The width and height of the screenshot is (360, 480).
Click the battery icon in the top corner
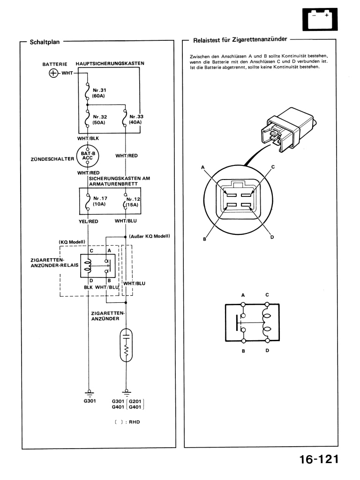point(320,19)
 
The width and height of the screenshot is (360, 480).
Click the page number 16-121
point(319,459)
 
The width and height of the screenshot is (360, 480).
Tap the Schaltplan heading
point(45,42)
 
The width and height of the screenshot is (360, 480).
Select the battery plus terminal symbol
point(53,73)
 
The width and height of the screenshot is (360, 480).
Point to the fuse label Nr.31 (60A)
point(99,93)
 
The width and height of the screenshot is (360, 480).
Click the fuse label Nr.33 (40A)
point(135,120)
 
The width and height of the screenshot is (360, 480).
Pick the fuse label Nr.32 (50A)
point(99,120)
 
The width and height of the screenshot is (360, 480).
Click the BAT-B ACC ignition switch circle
point(88,156)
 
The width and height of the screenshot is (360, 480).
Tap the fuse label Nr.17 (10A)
point(100,201)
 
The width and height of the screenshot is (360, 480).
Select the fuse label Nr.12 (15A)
point(133,202)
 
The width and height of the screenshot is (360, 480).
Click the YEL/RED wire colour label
point(89,221)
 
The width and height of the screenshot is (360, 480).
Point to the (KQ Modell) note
point(72,242)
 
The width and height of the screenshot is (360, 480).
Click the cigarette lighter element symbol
point(126,345)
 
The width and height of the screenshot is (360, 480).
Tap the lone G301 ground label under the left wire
point(90,401)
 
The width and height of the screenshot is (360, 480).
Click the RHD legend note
point(127,422)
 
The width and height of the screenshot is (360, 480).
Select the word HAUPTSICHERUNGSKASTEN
point(110,63)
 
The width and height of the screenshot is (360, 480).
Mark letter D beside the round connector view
point(272,237)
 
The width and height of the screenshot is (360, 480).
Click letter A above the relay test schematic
point(243,295)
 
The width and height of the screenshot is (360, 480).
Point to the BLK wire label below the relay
point(88,287)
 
